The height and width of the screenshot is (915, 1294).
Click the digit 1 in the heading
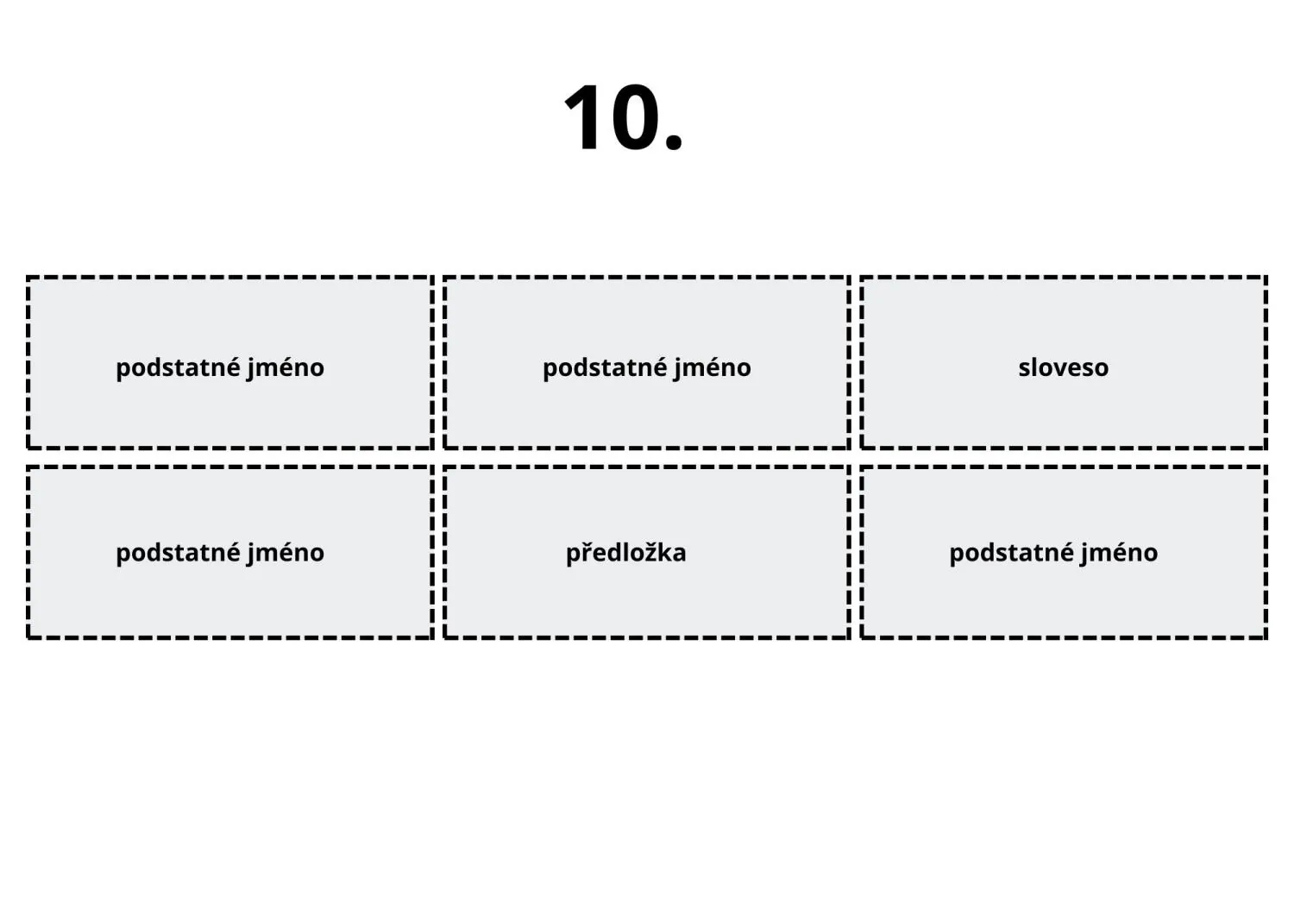[x=582, y=117]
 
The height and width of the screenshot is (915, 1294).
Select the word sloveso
[x=1063, y=368]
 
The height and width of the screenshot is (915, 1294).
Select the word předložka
[x=625, y=552]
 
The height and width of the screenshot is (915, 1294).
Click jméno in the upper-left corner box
[x=286, y=368]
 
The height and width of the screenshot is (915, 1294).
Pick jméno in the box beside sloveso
[x=713, y=368]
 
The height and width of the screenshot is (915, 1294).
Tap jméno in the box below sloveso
[x=1119, y=553]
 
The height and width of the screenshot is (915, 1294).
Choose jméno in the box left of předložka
[x=286, y=553]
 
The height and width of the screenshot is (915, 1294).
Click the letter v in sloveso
[x=1054, y=369]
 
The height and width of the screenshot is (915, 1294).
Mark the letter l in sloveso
[x=1036, y=367]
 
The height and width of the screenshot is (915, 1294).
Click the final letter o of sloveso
[x=1101, y=370]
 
